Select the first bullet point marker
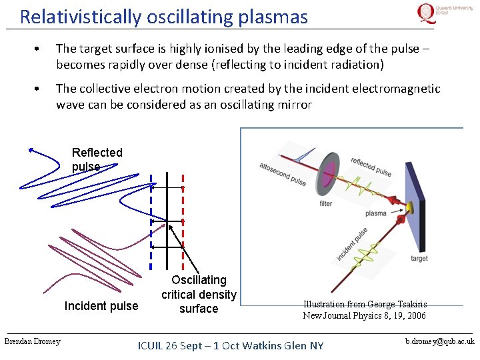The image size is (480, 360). (41, 50)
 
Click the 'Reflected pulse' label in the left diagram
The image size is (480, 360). (97, 159)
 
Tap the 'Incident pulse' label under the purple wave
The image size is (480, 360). (101, 306)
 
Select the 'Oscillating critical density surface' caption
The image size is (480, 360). (199, 294)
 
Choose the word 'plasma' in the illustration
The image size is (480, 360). (375, 214)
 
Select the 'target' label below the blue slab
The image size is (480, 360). (419, 258)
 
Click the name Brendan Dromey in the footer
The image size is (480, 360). (32, 342)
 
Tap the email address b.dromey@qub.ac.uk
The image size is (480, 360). (440, 341)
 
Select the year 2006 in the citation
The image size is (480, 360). (412, 315)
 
